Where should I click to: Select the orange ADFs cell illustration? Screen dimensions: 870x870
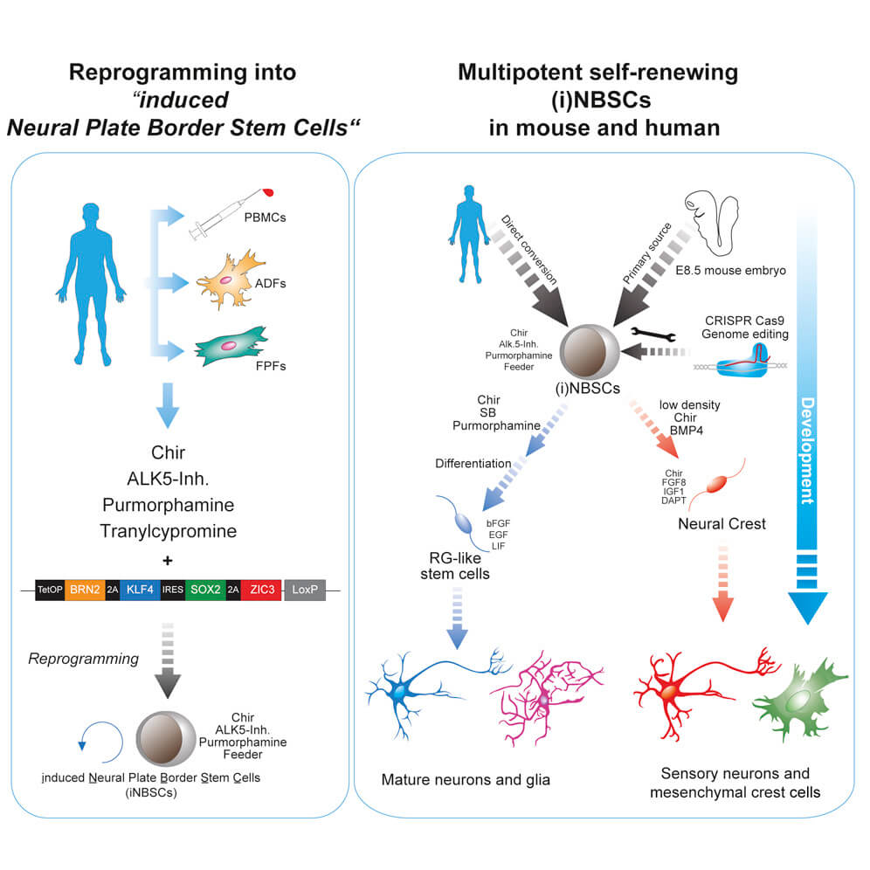[x=229, y=283]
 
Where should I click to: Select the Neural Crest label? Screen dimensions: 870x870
[x=722, y=524]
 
